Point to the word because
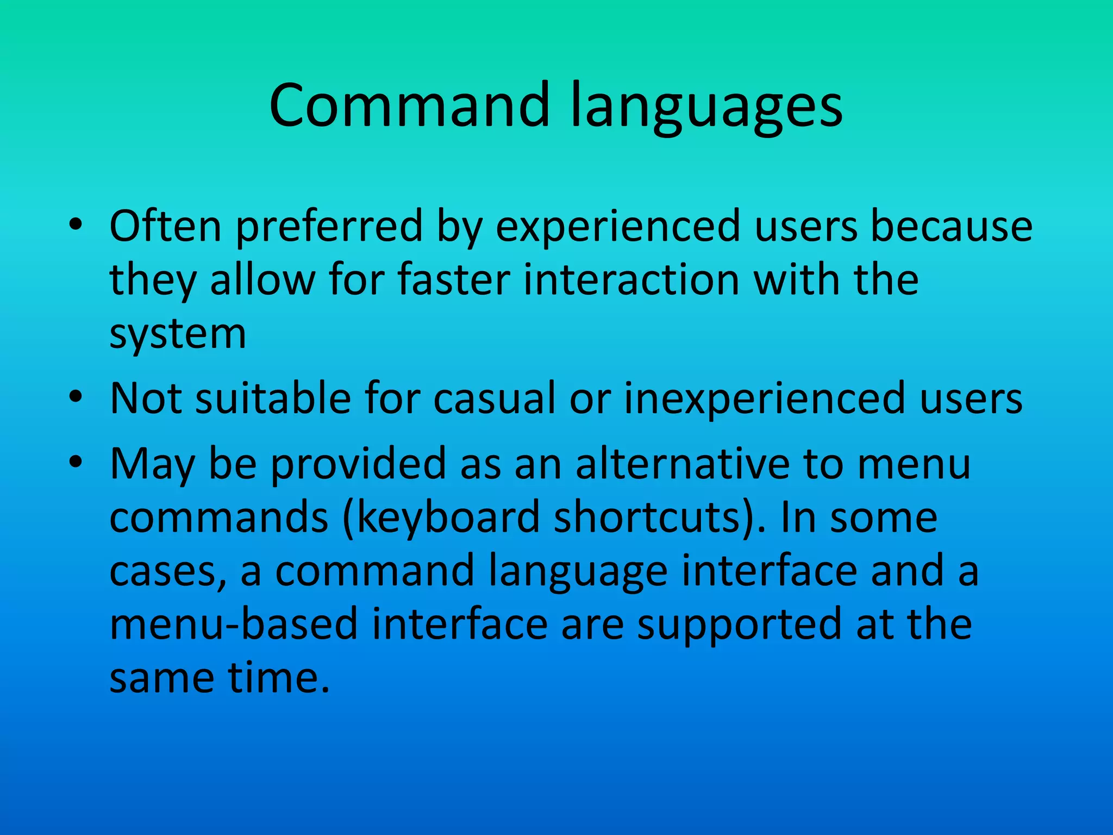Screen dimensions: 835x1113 (x=951, y=226)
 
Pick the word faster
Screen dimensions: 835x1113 (x=454, y=279)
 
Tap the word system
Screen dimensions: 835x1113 (x=178, y=335)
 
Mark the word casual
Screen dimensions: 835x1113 (x=495, y=398)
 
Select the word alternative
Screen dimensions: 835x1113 (x=682, y=463)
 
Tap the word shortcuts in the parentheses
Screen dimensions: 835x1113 (x=647, y=518)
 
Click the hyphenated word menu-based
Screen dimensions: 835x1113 (x=234, y=624)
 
